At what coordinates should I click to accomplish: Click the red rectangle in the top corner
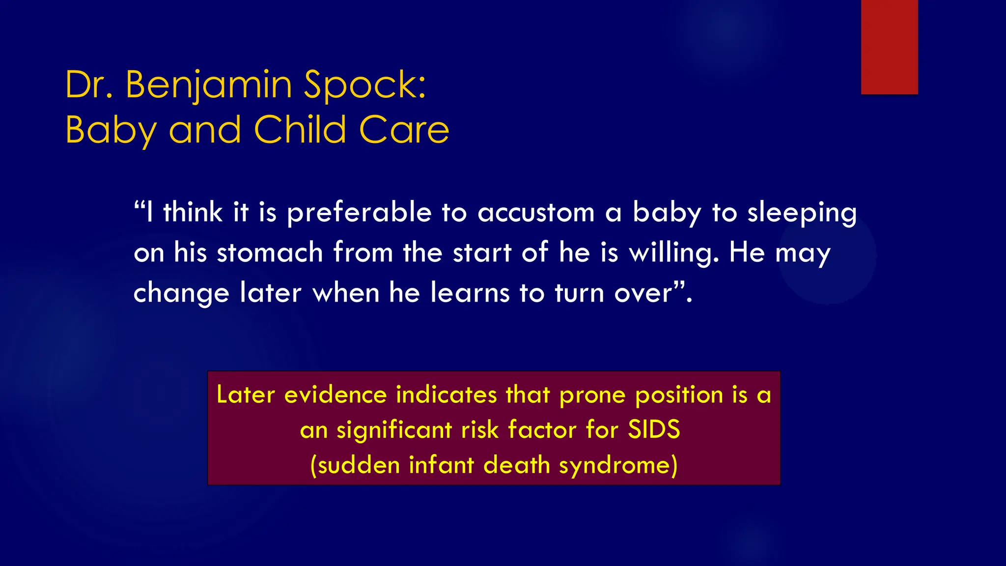pyautogui.click(x=889, y=47)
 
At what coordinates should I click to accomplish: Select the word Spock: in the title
pyautogui.click(x=365, y=85)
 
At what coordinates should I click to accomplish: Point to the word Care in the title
pyautogui.click(x=404, y=130)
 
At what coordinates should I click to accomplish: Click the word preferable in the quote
pyautogui.click(x=359, y=213)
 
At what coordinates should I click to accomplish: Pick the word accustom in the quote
pyautogui.click(x=536, y=213)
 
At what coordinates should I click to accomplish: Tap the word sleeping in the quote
pyautogui.click(x=802, y=213)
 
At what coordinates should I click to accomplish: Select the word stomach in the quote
pyautogui.click(x=270, y=253)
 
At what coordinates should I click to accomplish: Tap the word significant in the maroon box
pyautogui.click(x=394, y=430)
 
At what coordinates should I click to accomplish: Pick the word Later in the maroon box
pyautogui.click(x=246, y=395)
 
